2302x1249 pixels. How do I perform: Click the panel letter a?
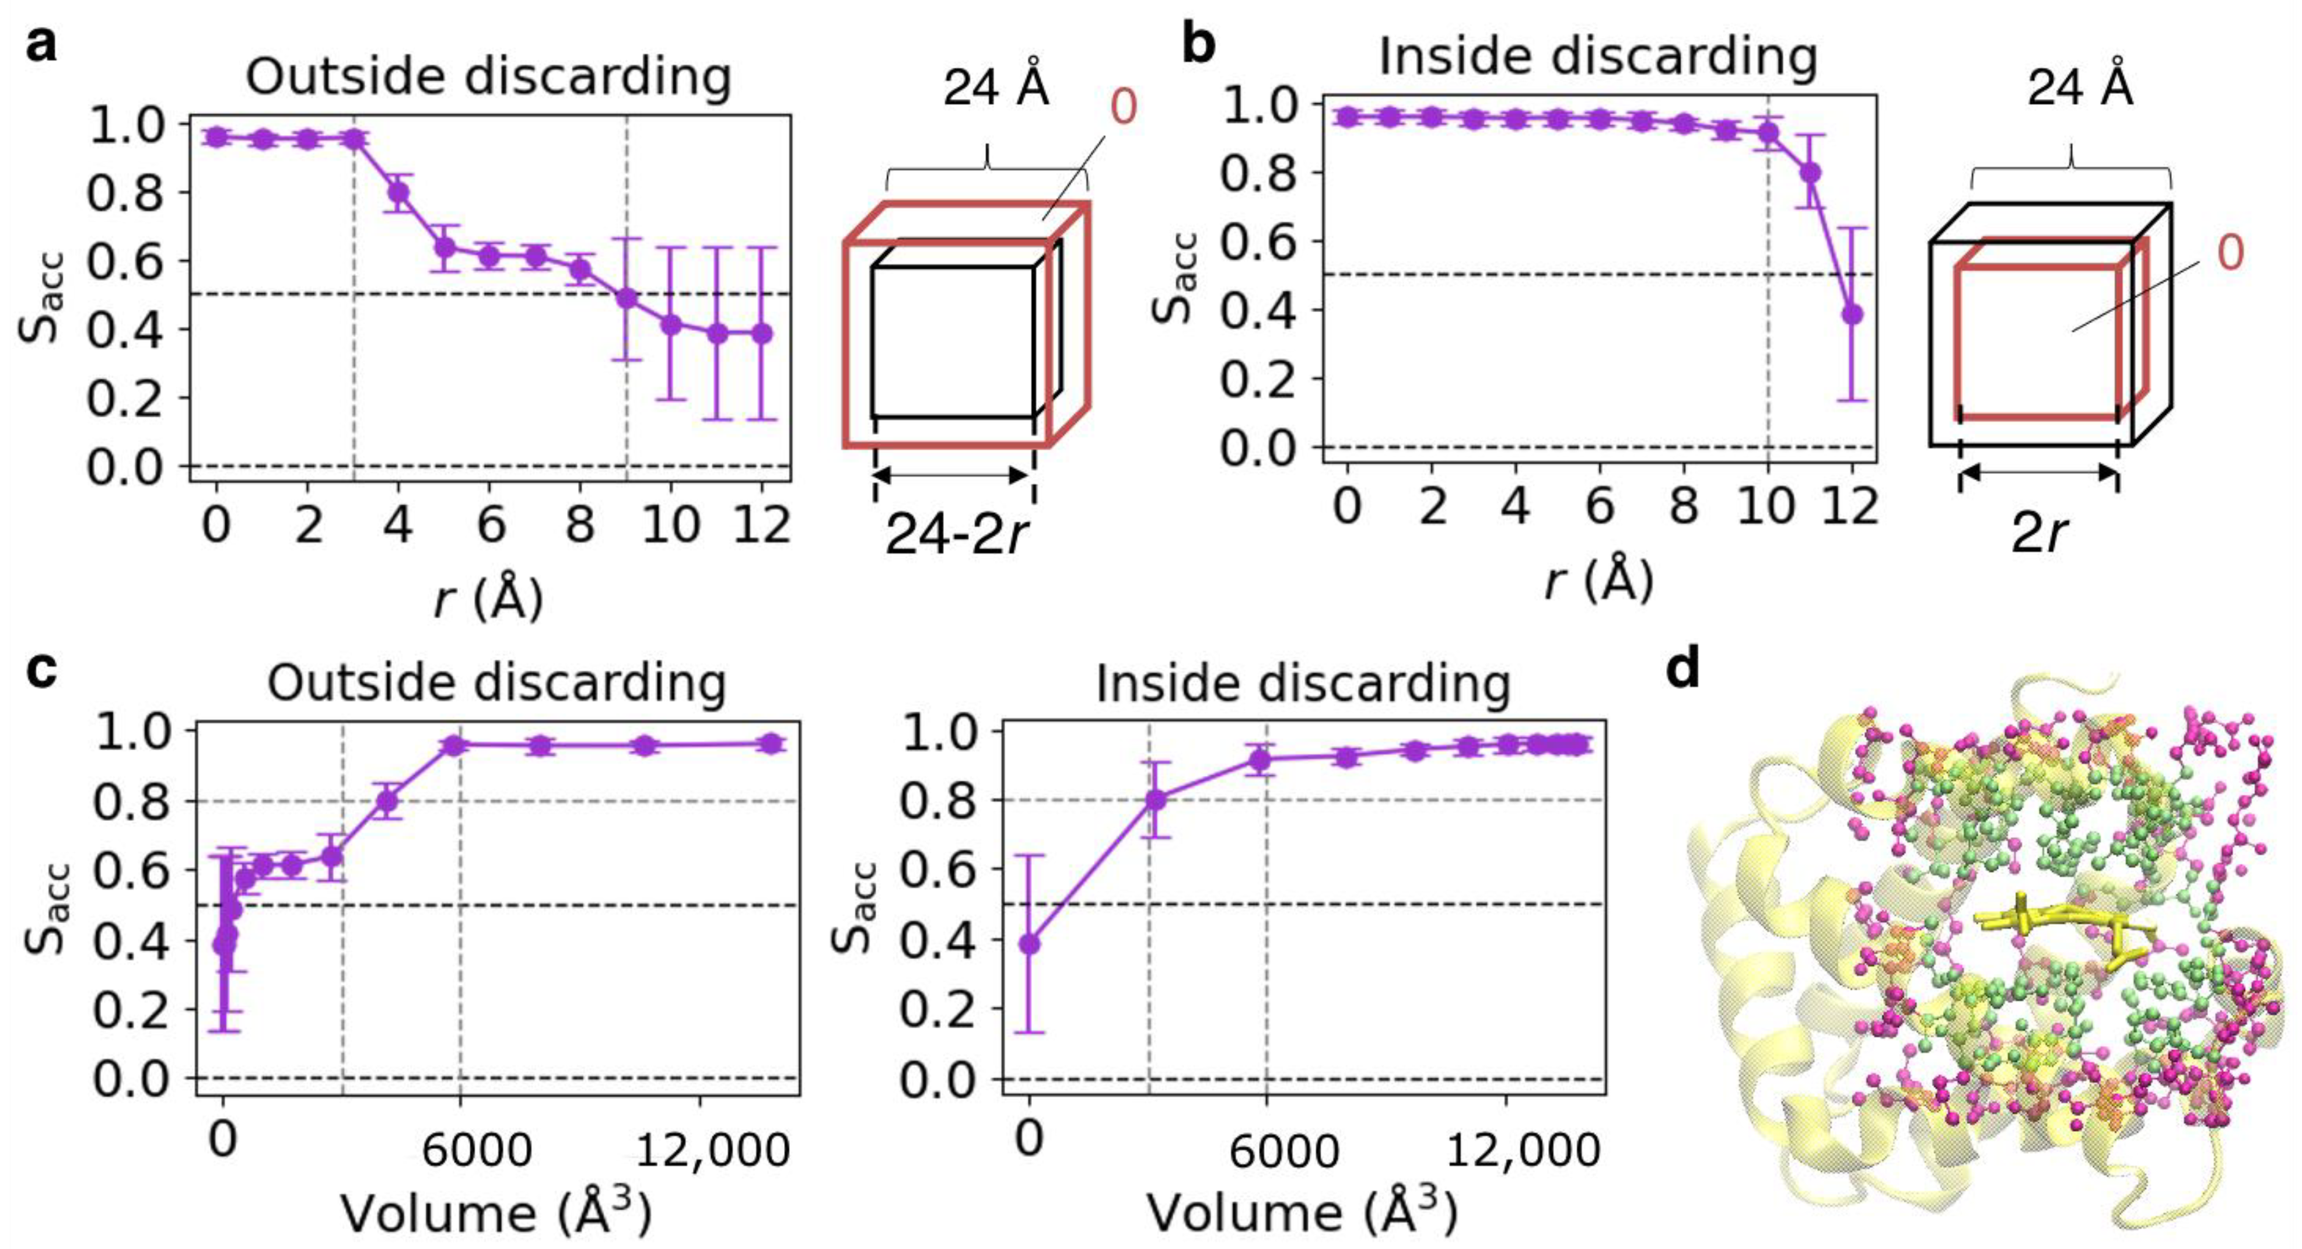coord(40,45)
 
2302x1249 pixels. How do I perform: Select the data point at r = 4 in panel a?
coord(398,193)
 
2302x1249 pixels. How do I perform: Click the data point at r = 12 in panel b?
coord(1852,314)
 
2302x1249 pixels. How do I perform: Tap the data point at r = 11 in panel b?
coord(1810,173)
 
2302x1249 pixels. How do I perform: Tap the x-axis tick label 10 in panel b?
coord(1768,506)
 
